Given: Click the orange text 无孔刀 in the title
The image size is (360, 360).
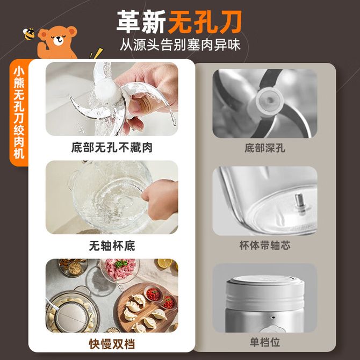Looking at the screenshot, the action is coord(205,22).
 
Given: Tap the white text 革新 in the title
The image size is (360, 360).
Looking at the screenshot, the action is coord(141,22).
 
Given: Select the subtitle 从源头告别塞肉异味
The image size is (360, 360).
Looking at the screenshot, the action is coord(180,45).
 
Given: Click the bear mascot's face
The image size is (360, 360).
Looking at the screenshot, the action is coord(58,38).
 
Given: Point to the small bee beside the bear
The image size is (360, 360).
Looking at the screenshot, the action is coord(29,34).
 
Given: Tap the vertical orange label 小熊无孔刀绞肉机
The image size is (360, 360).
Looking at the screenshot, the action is coord(19,113).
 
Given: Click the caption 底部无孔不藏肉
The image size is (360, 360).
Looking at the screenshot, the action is coord(112,147).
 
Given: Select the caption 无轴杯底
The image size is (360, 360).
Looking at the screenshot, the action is coord(112,246).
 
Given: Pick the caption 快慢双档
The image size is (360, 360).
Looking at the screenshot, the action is coord(112,344).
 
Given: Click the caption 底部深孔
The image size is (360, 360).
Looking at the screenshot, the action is coord(265,148).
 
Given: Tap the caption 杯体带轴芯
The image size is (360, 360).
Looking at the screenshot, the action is coord(265,245).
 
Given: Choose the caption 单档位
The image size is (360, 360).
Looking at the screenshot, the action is coord(265,342).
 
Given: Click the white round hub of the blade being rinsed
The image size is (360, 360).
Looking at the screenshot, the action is coord(107,90).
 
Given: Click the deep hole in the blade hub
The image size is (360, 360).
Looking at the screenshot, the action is coord(270,100).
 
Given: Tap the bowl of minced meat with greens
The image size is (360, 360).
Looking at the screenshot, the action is coord(120,270).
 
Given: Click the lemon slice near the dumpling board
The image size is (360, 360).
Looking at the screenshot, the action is coord(164,263).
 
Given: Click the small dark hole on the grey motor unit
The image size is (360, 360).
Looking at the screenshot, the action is coord(273,318).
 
